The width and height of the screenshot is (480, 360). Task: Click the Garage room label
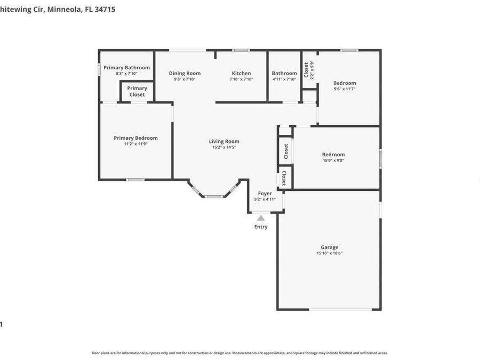pos(329,247)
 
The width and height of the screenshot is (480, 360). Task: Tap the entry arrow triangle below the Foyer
pos(261,218)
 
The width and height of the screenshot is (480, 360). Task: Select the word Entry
pos(261,227)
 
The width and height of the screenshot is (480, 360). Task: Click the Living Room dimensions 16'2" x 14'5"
pos(224,147)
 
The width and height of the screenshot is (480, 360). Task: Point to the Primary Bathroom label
pos(126,68)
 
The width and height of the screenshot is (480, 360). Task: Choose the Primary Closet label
pos(137,91)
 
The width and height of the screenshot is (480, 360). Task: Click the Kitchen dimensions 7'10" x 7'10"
pos(241,79)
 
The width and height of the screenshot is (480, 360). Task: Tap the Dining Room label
pos(185,73)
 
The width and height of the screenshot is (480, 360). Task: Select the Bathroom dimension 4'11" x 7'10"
pos(284,79)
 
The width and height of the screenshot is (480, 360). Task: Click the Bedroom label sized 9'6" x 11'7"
pos(345,83)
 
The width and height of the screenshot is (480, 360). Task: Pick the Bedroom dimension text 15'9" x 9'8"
pos(333,160)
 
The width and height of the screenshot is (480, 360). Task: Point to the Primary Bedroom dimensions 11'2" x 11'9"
pos(135,143)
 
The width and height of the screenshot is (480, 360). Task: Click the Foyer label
pos(265,193)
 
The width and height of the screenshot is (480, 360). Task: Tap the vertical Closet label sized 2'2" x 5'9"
pos(306,70)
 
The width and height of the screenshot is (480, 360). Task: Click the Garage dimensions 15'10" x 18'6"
pos(329,253)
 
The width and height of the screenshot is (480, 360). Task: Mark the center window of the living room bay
pos(214,197)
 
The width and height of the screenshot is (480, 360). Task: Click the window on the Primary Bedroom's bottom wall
pos(135,180)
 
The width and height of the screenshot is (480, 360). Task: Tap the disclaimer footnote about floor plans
pos(239,353)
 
